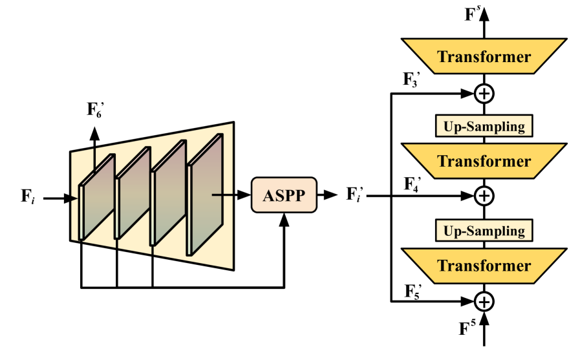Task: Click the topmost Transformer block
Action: point(484,56)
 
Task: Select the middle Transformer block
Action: point(484,161)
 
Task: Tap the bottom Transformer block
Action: point(484,266)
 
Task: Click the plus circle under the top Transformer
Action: point(484,94)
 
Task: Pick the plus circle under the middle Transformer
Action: point(484,196)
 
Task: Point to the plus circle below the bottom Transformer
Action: point(484,301)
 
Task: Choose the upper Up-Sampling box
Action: point(484,127)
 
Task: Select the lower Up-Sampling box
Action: point(484,231)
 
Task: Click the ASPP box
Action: point(284,195)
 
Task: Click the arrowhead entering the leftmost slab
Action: point(75,198)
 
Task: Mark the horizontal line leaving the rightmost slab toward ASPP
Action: point(222,194)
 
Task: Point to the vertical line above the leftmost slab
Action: point(95,158)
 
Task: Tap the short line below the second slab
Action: point(117,244)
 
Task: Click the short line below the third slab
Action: point(153,249)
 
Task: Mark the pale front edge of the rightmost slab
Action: point(189,210)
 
